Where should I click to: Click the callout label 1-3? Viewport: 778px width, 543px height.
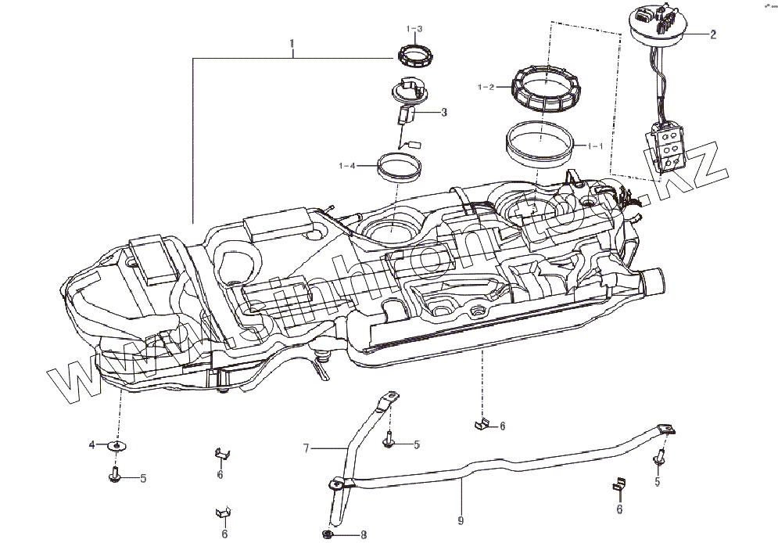pos(414,29)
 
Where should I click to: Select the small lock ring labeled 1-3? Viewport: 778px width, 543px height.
pos(414,56)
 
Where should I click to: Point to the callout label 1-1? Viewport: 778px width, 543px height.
pos(594,146)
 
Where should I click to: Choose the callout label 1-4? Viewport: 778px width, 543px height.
pos(347,165)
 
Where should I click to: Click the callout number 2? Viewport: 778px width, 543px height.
pos(713,34)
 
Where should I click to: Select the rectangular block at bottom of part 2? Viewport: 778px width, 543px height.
pos(669,149)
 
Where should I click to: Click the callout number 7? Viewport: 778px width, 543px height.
pos(307,448)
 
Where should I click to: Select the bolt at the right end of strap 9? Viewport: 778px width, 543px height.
pos(661,457)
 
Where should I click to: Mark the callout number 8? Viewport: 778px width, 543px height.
pos(363,535)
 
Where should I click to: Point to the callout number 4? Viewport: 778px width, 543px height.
pos(91,445)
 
